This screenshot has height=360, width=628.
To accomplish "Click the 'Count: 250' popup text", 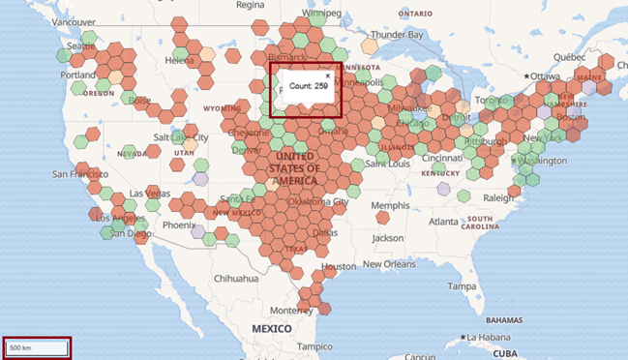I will point(309,87).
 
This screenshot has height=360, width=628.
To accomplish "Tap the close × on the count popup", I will point(327,75).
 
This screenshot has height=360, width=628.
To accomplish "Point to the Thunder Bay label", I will point(398,35).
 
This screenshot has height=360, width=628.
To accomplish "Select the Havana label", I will point(489,337).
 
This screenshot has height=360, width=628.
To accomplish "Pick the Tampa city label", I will point(463,286).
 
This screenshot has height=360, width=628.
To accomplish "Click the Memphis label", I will point(390,205).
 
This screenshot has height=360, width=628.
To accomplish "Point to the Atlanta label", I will point(444,222).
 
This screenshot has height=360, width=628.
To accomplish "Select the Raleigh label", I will point(499,196).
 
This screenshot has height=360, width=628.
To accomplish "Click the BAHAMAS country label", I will point(504,318).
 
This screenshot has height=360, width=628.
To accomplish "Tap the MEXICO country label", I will point(272,329).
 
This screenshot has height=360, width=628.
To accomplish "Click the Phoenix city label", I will point(179,225).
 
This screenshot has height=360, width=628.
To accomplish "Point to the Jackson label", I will point(387,238).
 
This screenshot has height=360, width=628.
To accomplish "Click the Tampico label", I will point(314,346).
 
